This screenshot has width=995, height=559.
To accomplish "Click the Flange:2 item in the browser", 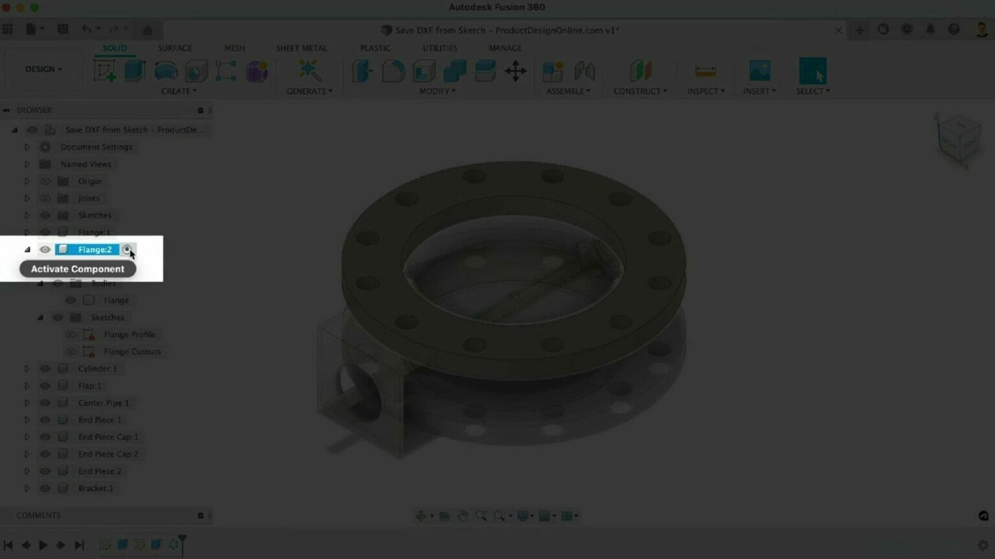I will (x=95, y=250).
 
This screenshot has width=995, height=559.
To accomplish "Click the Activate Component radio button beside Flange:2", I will (x=127, y=250).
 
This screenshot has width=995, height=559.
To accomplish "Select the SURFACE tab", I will (x=175, y=48).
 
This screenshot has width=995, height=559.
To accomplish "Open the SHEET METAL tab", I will (x=301, y=48).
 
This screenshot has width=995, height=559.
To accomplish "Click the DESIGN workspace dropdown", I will (x=43, y=69).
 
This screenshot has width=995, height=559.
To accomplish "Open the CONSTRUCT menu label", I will (x=639, y=91).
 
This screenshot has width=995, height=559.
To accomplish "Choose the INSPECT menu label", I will (x=705, y=91).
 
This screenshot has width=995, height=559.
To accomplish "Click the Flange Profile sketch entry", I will (x=129, y=335).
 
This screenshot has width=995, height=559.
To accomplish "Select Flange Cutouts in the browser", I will (x=132, y=351).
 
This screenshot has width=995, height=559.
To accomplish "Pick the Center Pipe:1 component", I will (x=103, y=403).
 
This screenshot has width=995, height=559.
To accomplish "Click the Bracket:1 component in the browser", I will (x=95, y=488).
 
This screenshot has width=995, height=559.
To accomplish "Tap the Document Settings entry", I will (x=96, y=147).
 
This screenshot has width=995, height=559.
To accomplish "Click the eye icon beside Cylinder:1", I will (x=45, y=368).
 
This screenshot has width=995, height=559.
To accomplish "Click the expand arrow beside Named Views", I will (x=27, y=164).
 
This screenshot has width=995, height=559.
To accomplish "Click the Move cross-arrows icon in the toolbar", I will (x=516, y=71).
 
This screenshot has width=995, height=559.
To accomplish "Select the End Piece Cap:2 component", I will (x=108, y=454).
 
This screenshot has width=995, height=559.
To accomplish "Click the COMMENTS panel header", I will (x=39, y=516).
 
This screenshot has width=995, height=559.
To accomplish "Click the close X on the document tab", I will (x=838, y=30).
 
